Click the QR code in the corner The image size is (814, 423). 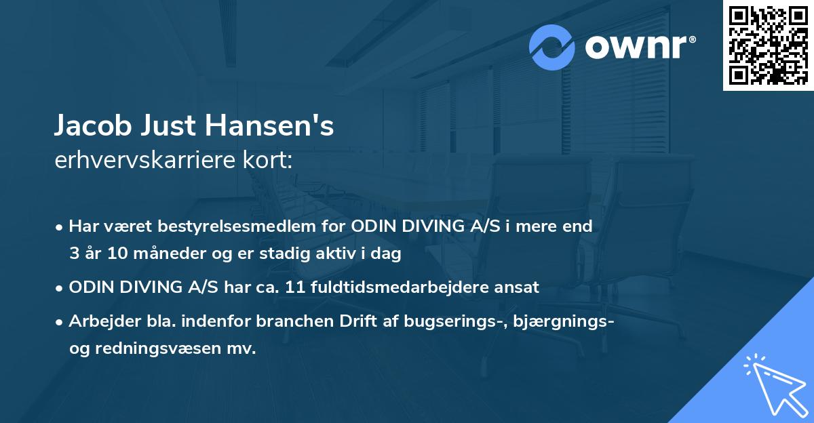(x=769, y=45)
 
